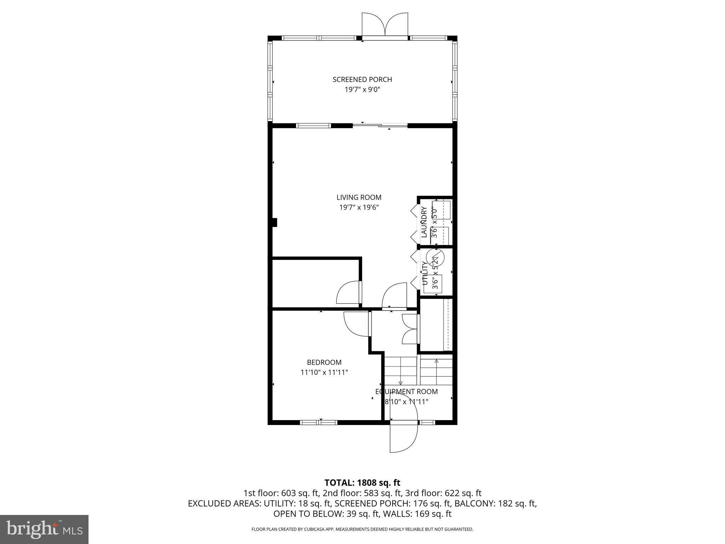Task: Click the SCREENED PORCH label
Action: tap(362, 80)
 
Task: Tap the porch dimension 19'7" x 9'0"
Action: tap(362, 90)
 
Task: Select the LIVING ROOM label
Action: tap(359, 197)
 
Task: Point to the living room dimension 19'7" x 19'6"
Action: tap(359, 207)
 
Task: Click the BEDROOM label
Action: tap(324, 362)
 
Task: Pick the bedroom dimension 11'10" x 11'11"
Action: tap(324, 372)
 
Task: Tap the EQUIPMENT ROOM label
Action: tap(406, 392)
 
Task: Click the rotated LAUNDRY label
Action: tap(424, 222)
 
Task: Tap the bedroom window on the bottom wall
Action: tap(319, 422)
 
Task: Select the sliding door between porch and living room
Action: tap(380, 125)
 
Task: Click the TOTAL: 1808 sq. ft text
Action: tap(362, 483)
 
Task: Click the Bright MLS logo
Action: tap(44, 529)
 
